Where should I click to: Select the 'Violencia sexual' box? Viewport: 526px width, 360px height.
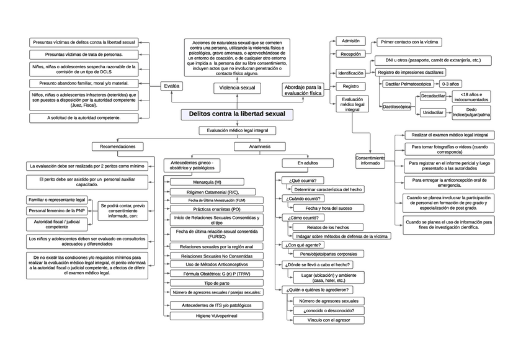pyautogui.click(x=237, y=88)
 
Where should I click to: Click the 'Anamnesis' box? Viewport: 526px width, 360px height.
pyautogui.click(x=259, y=146)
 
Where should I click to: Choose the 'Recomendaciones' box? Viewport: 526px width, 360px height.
pyautogui.click(x=118, y=146)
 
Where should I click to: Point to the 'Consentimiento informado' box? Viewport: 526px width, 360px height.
pyautogui.click(x=370, y=160)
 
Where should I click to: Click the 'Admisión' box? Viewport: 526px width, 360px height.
pyautogui.click(x=350, y=41)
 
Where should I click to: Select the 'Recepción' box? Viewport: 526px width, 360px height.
pyautogui.click(x=350, y=55)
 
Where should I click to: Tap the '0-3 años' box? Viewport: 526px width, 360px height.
pyautogui.click(x=450, y=83)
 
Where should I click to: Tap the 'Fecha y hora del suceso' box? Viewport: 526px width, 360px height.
pyautogui.click(x=328, y=208)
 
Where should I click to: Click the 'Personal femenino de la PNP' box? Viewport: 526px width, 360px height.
pyautogui.click(x=58, y=210)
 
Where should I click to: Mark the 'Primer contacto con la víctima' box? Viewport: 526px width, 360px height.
pyautogui.click(x=409, y=42)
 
